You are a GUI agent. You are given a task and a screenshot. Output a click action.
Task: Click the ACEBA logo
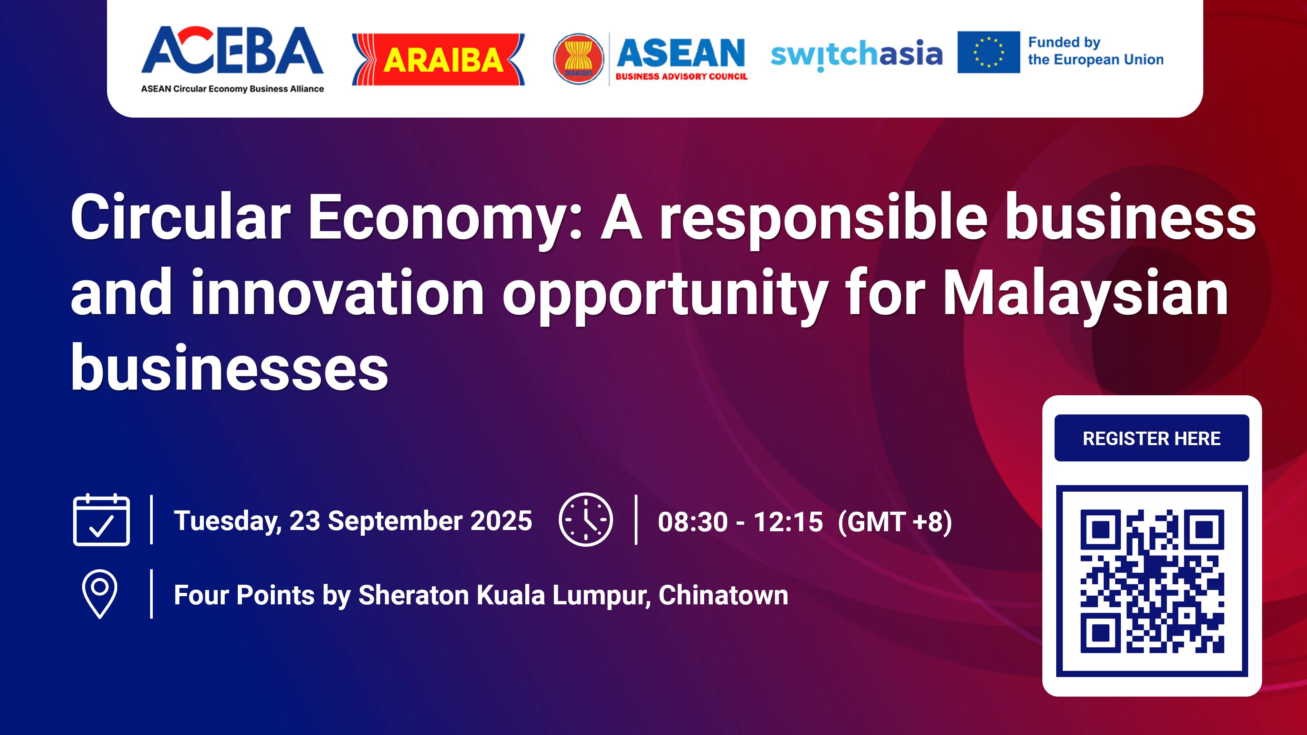pyautogui.click(x=232, y=58)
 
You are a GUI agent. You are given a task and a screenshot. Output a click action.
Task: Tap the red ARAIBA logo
pyautogui.click(x=438, y=59)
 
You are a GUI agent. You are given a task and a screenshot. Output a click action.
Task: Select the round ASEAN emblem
pyautogui.click(x=578, y=59)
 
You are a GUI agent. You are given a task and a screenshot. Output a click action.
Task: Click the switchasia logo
pyautogui.click(x=856, y=54)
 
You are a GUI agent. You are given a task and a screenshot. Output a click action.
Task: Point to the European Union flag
pyautogui.click(x=988, y=52)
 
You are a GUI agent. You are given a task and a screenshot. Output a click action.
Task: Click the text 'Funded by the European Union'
pyautogui.click(x=1095, y=51)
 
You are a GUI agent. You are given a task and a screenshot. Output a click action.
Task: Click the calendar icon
pyautogui.click(x=101, y=519)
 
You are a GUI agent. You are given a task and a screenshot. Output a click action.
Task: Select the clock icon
pyautogui.click(x=586, y=519)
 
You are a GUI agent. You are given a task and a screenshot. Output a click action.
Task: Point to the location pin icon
pyautogui.click(x=99, y=593)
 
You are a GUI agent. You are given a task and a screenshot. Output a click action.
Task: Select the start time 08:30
pyautogui.click(x=693, y=522)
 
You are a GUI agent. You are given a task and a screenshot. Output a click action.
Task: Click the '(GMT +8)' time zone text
pyautogui.click(x=895, y=522)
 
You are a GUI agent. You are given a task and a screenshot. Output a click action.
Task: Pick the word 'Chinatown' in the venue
pyautogui.click(x=723, y=595)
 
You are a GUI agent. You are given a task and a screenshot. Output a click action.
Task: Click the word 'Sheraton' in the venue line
pyautogui.click(x=413, y=595)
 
